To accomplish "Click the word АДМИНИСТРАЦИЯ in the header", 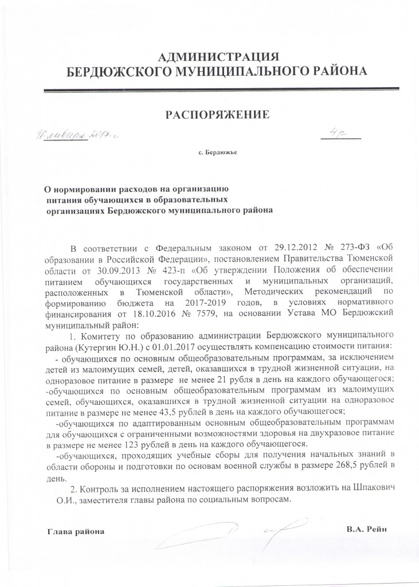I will click(217, 56).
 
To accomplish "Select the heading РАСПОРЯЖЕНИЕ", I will click(217, 115).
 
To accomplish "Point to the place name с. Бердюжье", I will click(217, 153).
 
